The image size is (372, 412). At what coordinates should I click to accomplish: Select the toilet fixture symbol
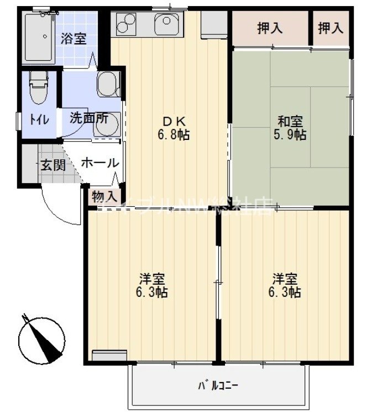pyautogui.click(x=38, y=88)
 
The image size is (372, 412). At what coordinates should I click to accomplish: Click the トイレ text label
pyautogui.click(x=39, y=119)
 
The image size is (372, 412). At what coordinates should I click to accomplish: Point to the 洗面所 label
pyautogui.click(x=88, y=118)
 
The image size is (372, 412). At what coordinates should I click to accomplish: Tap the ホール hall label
pyautogui.click(x=99, y=163)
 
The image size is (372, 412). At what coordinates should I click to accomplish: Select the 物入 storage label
pyautogui.click(x=104, y=196)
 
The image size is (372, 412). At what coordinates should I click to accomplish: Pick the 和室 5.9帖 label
pyautogui.click(x=291, y=128)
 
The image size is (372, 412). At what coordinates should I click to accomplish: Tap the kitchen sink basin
pyautogui.click(x=166, y=24)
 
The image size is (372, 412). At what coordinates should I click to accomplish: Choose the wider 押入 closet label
pyautogui.click(x=270, y=28)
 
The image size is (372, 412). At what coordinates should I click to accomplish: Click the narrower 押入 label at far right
pyautogui.click(x=331, y=28)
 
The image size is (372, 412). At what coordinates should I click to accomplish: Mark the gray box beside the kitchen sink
pyautogui.click(x=213, y=24)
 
